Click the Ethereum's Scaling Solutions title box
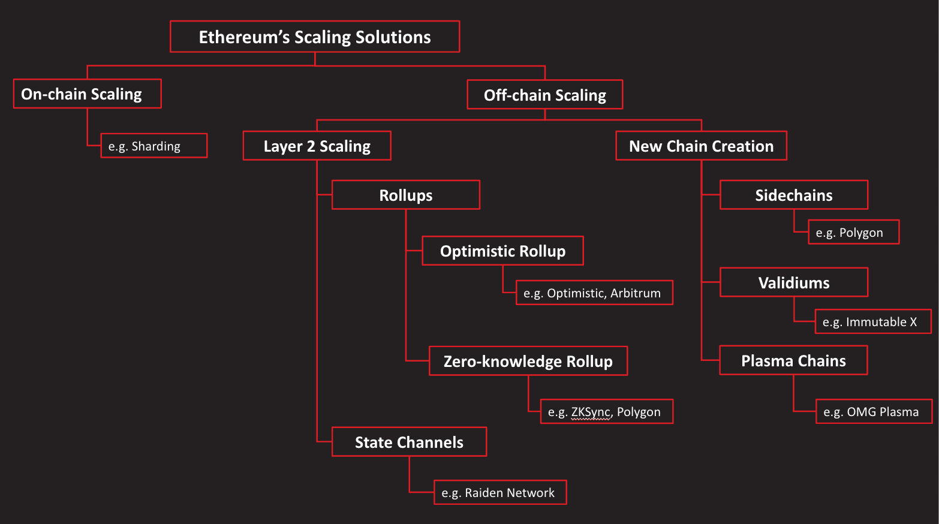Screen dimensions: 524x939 315,37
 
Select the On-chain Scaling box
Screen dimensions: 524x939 87,94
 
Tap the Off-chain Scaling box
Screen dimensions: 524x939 544,95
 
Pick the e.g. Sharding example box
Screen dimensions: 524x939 154,146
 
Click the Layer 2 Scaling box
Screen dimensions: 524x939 317,146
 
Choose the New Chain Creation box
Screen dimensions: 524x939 701,146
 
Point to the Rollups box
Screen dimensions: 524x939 405,195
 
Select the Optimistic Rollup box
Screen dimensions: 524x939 502,251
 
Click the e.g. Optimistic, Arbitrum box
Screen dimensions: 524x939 594,293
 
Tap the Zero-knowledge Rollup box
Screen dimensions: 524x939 528,361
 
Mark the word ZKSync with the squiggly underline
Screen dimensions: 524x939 591,412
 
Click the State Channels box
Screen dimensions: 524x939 409,442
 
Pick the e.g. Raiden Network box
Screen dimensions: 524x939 500,492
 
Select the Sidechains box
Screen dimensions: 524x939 793,195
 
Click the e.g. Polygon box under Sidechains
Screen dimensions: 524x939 853,232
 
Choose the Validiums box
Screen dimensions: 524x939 793,282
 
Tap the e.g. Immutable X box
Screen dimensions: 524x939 873,321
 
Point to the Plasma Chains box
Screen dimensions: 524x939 793,360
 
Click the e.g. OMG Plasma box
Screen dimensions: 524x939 874,411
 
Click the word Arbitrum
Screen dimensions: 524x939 636,293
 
